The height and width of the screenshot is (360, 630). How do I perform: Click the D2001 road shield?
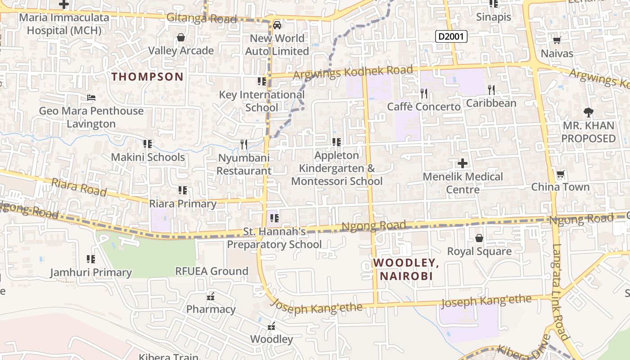point(451,36)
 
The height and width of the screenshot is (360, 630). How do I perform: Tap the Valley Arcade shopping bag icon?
point(181,37)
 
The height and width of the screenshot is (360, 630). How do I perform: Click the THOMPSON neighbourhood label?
point(148,76)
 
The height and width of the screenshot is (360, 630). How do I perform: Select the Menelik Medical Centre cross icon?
point(462,163)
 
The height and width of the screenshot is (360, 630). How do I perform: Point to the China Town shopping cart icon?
point(560,174)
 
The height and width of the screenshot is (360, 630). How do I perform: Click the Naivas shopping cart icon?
point(557,40)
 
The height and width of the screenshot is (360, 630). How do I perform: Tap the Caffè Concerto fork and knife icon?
point(424,94)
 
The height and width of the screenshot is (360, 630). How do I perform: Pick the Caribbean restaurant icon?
point(491,90)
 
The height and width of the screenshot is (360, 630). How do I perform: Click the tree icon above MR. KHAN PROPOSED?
point(588,112)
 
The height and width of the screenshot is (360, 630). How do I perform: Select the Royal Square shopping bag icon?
point(479,238)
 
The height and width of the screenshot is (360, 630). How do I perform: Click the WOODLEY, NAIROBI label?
point(406,269)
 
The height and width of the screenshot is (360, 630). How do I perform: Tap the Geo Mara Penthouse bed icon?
point(91,98)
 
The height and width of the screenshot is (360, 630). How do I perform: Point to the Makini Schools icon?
point(147,144)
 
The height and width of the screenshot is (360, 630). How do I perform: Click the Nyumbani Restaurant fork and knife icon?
point(244,144)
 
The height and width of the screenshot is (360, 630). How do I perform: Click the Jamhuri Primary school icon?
point(91,259)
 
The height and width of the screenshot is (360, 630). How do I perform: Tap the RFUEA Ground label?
point(211,271)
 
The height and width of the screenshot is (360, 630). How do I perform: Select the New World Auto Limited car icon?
point(277,25)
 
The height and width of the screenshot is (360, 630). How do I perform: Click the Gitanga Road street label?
point(202,18)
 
